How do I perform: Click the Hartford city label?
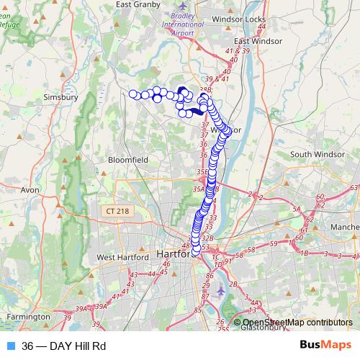pos(172,255)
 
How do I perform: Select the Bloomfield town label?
pos(127,160)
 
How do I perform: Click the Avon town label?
pos(30,190)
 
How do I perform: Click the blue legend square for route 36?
pos(10,346)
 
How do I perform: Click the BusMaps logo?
pos(325,346)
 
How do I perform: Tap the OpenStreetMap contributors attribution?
pos(297,323)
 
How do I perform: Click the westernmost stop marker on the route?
pos(132,94)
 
